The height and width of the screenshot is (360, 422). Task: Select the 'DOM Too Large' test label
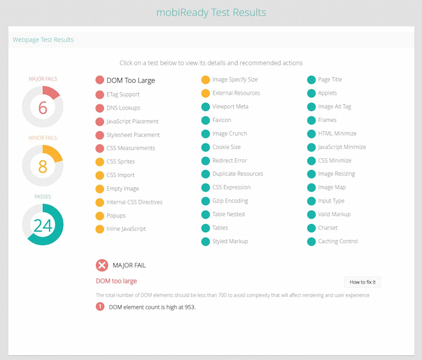pos(131,80)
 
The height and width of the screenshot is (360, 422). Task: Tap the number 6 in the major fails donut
pos(43,108)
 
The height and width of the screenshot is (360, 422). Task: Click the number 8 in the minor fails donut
pos(43,167)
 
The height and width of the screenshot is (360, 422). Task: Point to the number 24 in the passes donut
pos(43,225)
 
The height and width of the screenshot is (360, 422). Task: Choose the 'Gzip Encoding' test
pos(230,201)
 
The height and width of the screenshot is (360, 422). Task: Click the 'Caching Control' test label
pos(338,241)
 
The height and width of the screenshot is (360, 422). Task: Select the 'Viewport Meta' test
pos(230,106)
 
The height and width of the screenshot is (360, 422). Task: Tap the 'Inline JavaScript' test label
pos(126,229)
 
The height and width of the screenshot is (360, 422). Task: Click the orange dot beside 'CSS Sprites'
pos(100,162)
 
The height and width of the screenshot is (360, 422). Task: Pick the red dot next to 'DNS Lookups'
pos(100,108)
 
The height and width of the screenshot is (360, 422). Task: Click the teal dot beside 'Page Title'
pos(312,80)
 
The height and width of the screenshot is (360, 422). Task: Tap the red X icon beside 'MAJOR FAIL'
pos(102,265)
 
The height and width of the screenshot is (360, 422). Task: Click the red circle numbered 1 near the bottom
pos(100,307)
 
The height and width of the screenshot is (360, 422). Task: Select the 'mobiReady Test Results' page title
pos(211,12)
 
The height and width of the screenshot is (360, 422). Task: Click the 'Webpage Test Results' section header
pos(43,40)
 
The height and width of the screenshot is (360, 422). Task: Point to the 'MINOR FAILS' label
pos(43,138)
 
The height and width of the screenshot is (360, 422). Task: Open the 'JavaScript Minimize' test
pos(341,147)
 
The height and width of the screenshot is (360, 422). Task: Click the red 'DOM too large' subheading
pos(116,281)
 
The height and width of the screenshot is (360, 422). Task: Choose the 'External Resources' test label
pos(236,93)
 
